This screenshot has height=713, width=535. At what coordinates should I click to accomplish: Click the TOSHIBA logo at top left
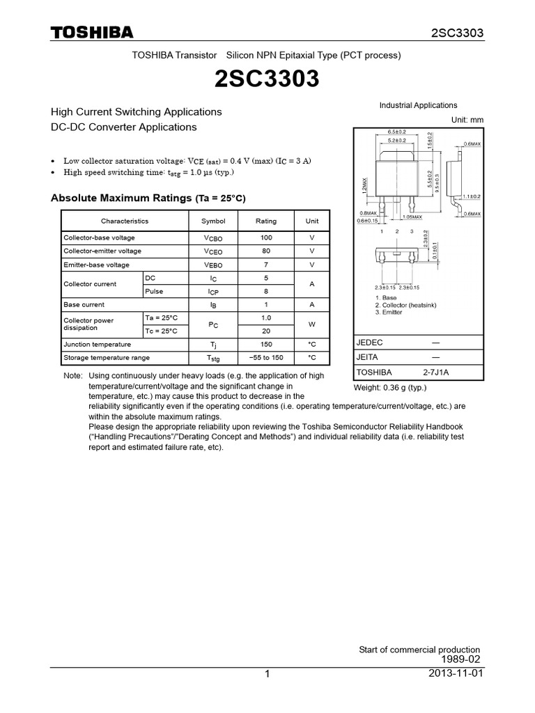[x=91, y=33]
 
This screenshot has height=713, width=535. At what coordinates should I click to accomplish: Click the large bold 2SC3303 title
[x=267, y=80]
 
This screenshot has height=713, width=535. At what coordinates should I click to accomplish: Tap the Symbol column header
[x=213, y=221]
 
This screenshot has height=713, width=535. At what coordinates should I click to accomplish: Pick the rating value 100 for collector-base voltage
[x=265, y=237]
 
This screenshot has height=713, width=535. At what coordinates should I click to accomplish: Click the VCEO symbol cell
[x=213, y=251]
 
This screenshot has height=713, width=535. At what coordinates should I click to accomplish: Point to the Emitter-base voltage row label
[x=97, y=265]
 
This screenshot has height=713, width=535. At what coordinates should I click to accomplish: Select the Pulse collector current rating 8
[x=265, y=292]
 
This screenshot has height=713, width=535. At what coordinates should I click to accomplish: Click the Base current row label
[x=84, y=304]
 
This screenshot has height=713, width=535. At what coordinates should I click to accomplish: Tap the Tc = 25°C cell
[x=162, y=331]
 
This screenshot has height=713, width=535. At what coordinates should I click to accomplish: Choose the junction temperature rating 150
[x=265, y=344]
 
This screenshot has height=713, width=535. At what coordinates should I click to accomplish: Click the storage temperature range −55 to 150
[x=265, y=357]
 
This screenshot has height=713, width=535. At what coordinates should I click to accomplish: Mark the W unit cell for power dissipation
[x=312, y=324]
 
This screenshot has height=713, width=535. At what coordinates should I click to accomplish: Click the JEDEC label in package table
[x=370, y=343]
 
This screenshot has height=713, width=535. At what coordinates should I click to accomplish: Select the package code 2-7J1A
[x=435, y=372]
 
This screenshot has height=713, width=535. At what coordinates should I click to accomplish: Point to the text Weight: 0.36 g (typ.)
[x=390, y=388]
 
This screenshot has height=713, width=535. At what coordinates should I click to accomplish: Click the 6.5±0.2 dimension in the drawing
[x=396, y=132]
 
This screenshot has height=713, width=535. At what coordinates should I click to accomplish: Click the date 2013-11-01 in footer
[x=457, y=674]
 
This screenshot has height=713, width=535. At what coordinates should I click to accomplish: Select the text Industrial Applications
[x=418, y=105]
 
